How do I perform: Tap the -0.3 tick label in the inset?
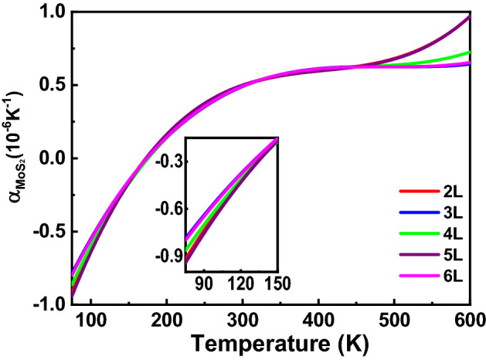pos(172,161)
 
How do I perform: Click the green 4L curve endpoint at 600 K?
pos(470,53)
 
